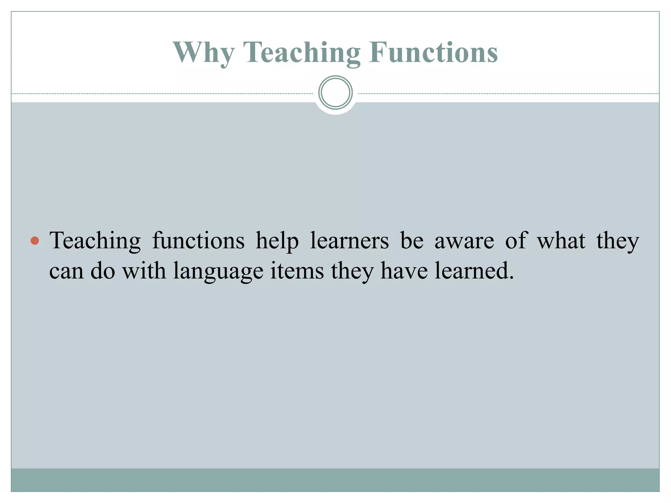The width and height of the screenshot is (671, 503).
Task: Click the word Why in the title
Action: (x=203, y=53)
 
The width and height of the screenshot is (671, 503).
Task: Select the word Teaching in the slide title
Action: (x=301, y=53)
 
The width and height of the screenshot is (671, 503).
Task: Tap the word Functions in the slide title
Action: (x=433, y=53)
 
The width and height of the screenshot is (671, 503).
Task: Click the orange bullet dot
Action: (x=35, y=241)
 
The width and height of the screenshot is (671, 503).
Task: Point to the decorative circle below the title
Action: (x=335, y=93)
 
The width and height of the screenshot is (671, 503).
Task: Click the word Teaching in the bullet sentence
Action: (x=95, y=241)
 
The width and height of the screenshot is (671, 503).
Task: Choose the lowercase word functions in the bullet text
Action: (x=198, y=241)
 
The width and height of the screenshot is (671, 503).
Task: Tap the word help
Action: (x=277, y=241)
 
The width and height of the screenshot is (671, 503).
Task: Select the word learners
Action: (x=350, y=241)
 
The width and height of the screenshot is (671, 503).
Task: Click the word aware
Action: (x=464, y=241)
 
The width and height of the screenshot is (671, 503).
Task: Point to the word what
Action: (x=561, y=241)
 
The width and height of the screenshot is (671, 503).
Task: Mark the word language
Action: (x=218, y=271)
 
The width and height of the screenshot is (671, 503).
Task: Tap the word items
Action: (x=297, y=271)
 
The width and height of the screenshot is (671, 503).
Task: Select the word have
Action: (x=404, y=271)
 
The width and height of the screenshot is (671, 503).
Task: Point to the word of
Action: (x=516, y=241)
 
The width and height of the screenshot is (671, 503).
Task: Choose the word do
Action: (x=103, y=271)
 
